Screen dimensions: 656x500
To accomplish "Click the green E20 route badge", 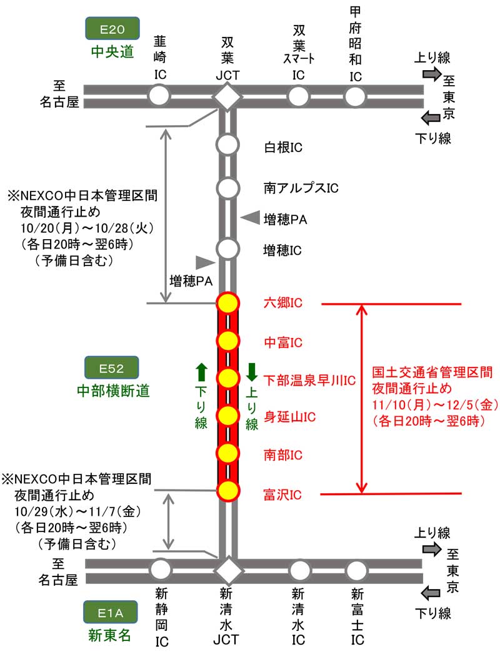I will (112, 28).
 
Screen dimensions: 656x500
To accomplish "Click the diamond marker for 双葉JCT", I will (227, 96).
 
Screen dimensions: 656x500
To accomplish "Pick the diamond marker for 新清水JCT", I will (227, 570).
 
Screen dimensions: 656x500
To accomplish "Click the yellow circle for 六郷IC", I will (227, 303).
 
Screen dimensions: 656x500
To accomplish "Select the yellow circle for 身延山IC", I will (227, 415).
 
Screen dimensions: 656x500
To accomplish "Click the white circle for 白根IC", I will (227, 144).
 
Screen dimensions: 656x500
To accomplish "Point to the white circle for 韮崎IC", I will (159, 96).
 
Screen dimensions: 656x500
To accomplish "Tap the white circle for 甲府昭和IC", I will (356, 96).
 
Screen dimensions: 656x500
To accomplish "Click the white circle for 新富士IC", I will (356, 570).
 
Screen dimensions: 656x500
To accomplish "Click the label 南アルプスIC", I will (301, 187).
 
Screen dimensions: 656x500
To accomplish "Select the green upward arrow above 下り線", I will (201, 372).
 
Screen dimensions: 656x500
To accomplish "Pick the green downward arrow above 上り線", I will (252, 372).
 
